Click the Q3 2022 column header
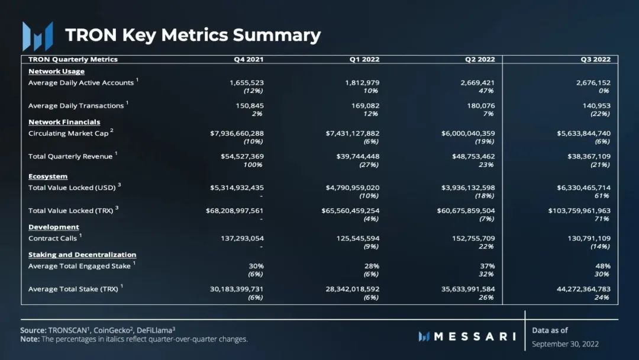[x=595, y=59]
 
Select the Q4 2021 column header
[x=248, y=59]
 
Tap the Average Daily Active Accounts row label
[x=81, y=83]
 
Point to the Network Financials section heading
[x=64, y=122]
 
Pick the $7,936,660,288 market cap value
[x=237, y=133]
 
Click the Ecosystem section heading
[x=48, y=176]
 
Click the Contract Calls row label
[x=53, y=238]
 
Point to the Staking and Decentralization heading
[x=82, y=255]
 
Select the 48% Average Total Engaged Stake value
[x=603, y=266]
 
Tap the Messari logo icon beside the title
[x=37, y=36]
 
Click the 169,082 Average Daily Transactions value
[x=362, y=106]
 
